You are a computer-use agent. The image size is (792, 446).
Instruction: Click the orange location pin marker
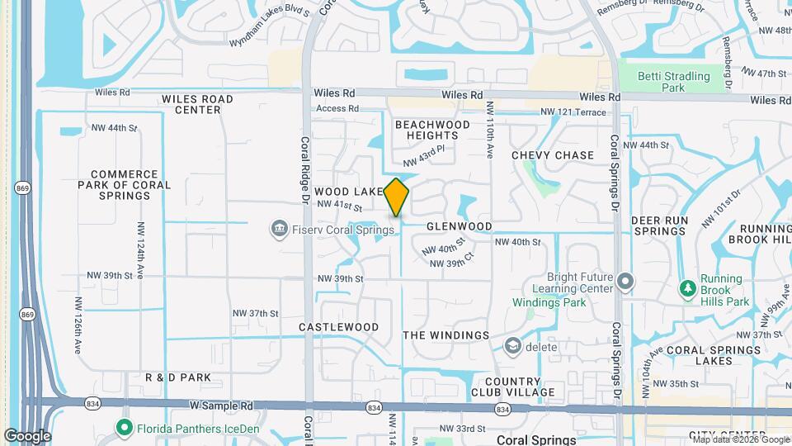click(x=397, y=197)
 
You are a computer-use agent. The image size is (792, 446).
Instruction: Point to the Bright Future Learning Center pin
click(x=625, y=282)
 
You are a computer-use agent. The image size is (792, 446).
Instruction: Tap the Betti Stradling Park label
click(x=673, y=81)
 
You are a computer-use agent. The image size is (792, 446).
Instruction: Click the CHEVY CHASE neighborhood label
click(x=552, y=155)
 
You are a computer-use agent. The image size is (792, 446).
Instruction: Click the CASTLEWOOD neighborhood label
click(x=338, y=327)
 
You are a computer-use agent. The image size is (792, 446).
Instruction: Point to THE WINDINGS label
click(x=445, y=335)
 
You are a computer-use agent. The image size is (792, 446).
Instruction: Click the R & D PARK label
click(x=178, y=377)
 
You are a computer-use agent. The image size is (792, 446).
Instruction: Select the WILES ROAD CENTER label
click(x=197, y=104)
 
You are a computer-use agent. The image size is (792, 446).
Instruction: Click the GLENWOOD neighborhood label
click(x=459, y=226)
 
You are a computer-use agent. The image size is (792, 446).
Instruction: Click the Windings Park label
click(x=549, y=302)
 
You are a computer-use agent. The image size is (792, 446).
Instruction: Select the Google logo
click(x=27, y=436)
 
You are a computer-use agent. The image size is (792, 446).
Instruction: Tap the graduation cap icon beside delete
click(x=513, y=346)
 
